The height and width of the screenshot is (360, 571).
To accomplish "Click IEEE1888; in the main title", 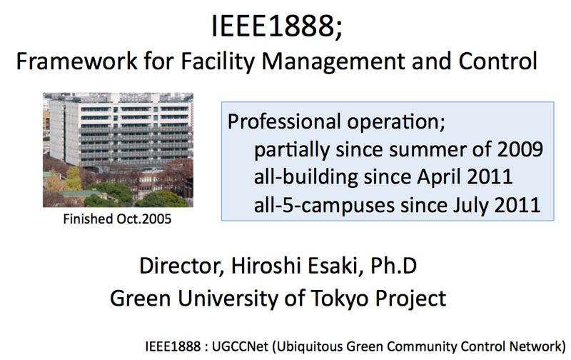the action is (277, 26).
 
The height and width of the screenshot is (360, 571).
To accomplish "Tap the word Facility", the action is (217, 62).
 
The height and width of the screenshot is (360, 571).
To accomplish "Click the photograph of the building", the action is (118, 150).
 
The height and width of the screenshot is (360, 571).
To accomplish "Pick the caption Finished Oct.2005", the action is (117, 219).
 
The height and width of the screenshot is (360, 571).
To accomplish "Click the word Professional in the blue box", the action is (284, 121).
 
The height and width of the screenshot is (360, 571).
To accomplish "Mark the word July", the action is (468, 206).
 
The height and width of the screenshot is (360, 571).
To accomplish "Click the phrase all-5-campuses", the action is (324, 206).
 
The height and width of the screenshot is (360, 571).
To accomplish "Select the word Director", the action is (181, 266).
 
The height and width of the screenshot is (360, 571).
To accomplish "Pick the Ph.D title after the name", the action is (394, 266).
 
